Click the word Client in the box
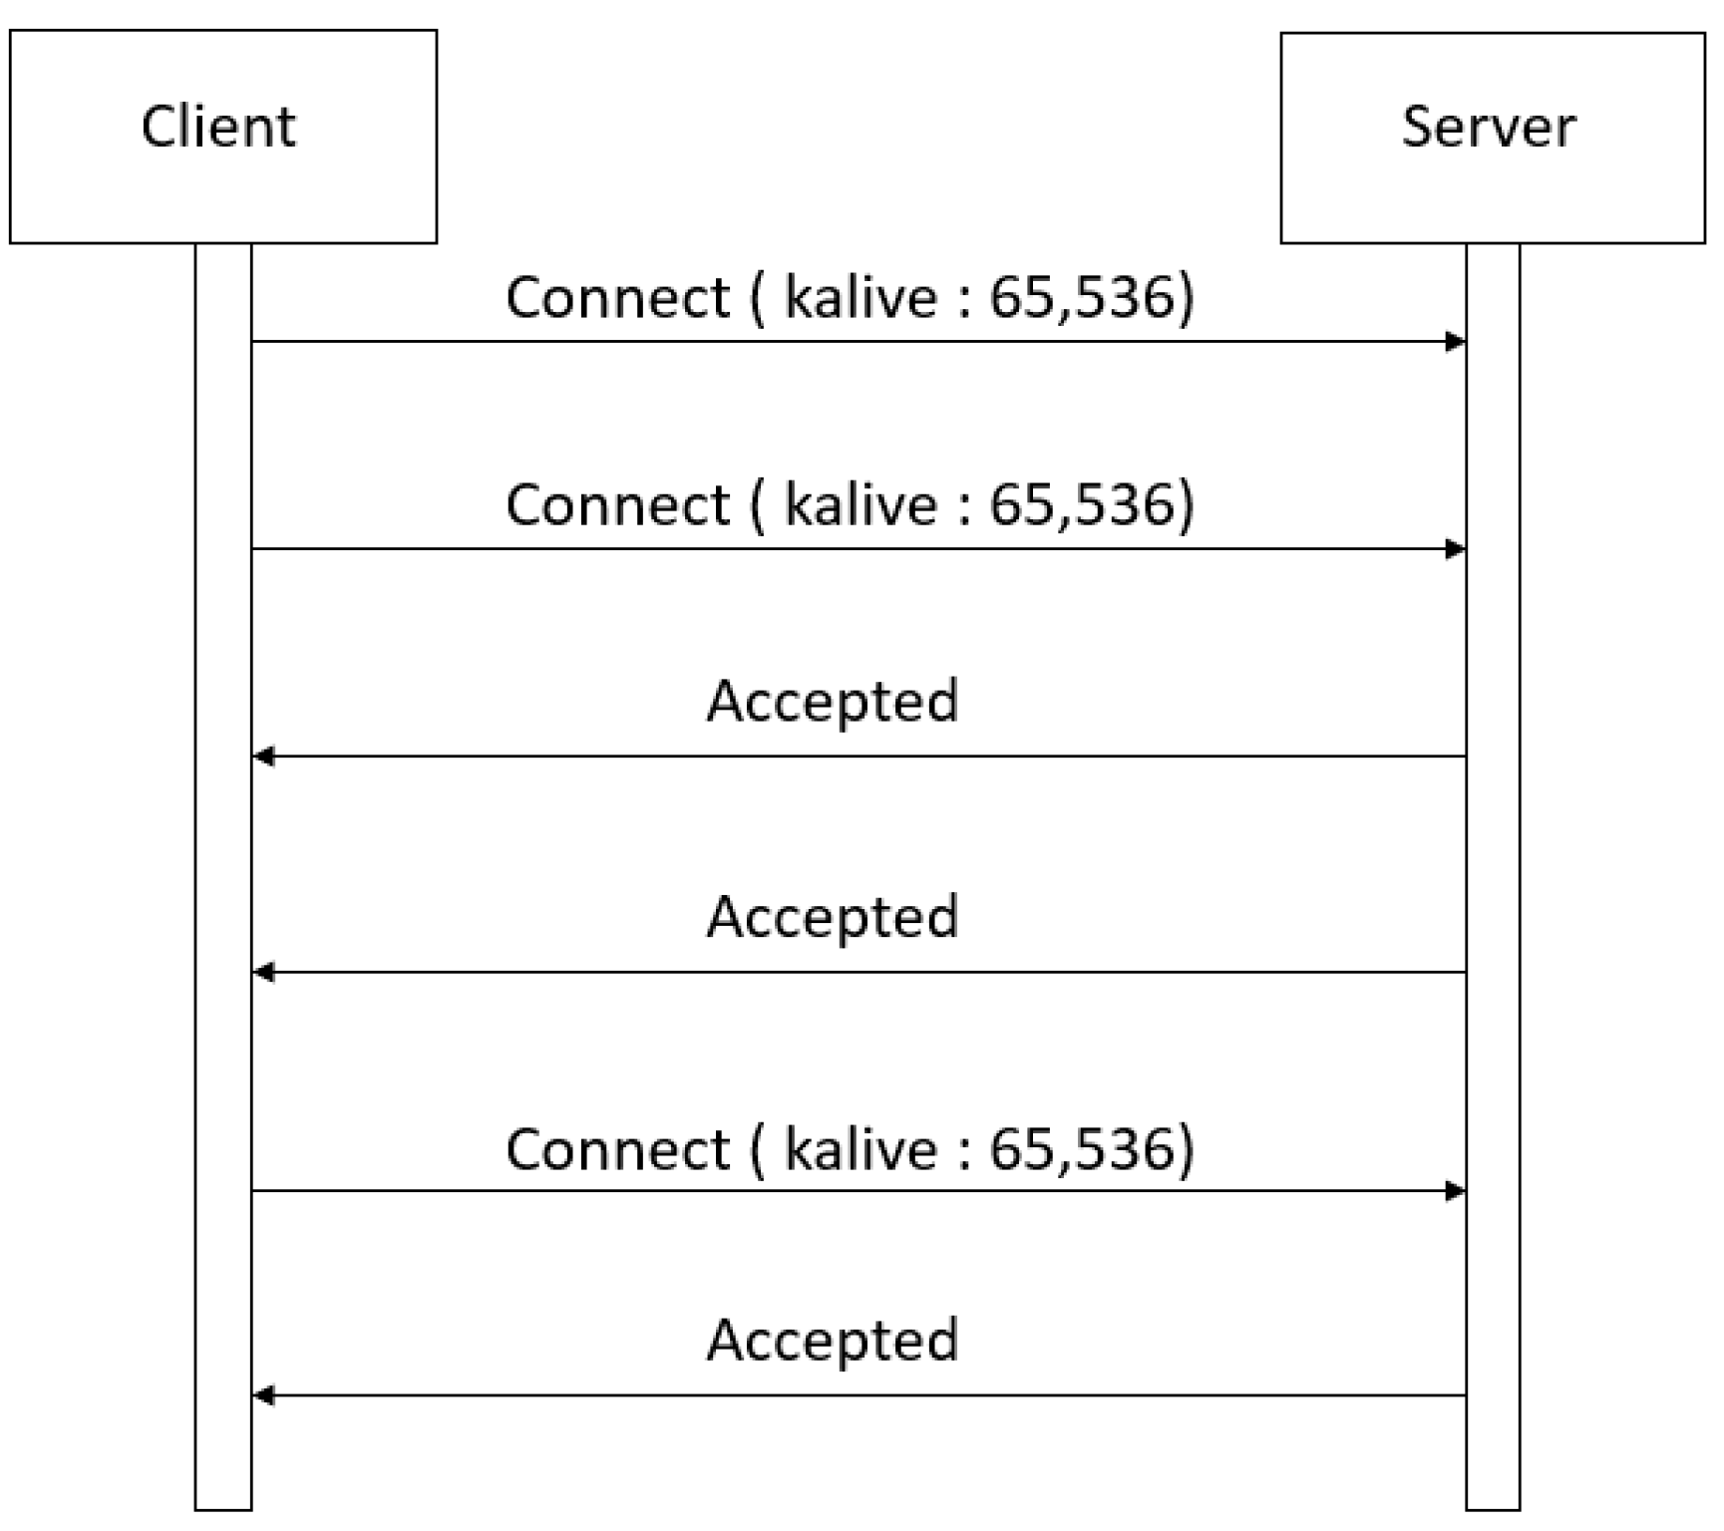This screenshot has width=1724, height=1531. point(218,127)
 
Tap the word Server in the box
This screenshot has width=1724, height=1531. point(1488,127)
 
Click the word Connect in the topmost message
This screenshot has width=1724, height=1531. point(618,297)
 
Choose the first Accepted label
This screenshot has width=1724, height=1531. point(833,701)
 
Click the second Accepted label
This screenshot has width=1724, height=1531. point(833,916)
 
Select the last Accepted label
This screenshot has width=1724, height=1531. point(833,1340)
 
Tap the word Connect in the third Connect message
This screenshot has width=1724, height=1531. point(618,1149)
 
